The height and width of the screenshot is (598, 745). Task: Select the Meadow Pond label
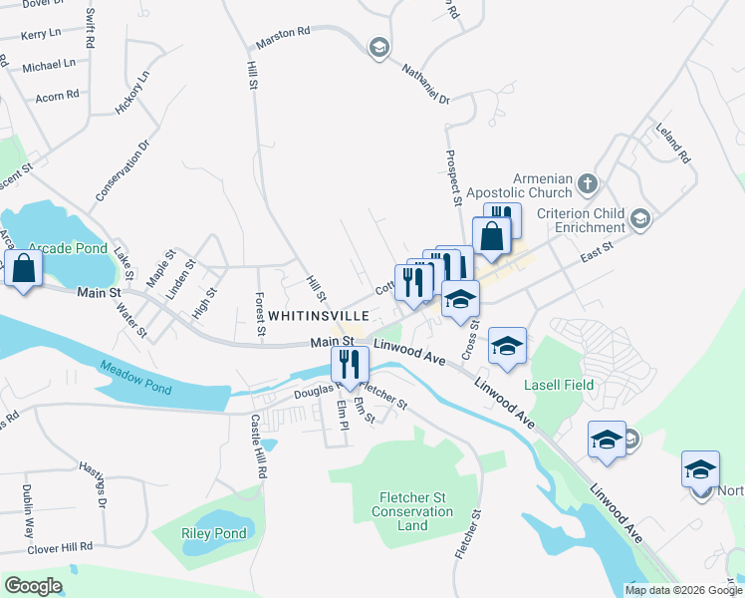(x=136, y=374)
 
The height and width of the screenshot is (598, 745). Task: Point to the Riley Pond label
(x=213, y=534)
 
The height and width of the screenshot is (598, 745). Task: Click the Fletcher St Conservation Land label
(x=416, y=511)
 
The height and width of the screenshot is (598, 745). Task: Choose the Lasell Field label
(x=560, y=385)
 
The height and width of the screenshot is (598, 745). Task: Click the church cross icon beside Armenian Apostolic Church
(x=588, y=183)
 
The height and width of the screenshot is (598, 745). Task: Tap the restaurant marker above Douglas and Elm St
(x=349, y=365)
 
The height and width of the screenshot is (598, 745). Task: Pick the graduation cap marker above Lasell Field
(x=507, y=346)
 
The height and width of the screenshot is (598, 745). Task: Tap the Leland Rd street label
(x=672, y=144)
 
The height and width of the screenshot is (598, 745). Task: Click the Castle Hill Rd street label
(x=259, y=444)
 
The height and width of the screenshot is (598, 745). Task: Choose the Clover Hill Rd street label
(x=60, y=547)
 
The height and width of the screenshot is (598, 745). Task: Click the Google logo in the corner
(x=34, y=586)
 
